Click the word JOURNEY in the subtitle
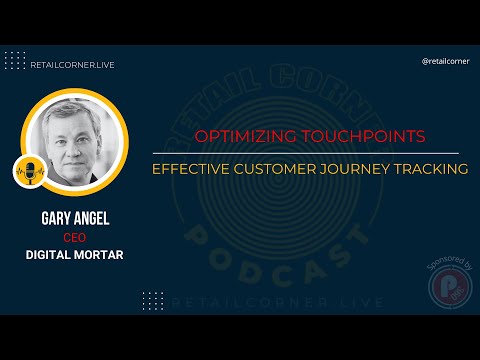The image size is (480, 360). [358, 169]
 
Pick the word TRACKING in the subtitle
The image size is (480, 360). [431, 169]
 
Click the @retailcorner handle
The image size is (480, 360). [444, 60]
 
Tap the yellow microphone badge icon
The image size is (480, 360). [30, 170]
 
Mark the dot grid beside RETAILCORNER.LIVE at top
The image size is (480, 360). [15, 60]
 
